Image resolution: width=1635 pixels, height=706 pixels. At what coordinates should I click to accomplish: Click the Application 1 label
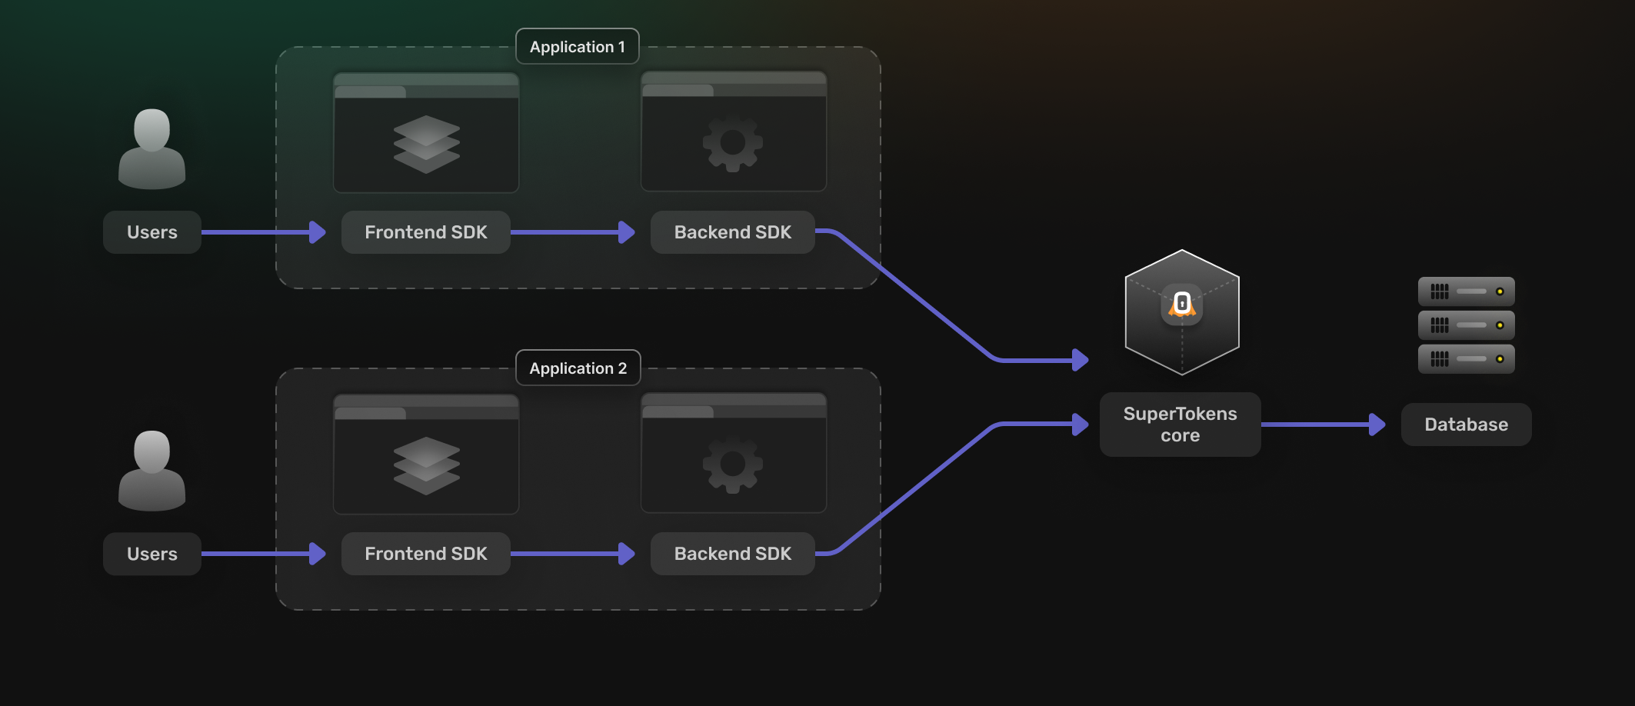click(x=577, y=47)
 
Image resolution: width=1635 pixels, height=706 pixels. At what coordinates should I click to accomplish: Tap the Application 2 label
click(x=578, y=368)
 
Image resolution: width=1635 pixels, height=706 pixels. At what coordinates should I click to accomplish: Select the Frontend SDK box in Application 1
click(x=425, y=232)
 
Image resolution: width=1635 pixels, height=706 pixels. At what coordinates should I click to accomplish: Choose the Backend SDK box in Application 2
click(x=732, y=554)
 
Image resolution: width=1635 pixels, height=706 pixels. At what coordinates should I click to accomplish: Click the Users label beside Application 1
click(x=152, y=232)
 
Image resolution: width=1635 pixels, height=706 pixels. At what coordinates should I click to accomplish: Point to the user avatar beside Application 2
click(x=152, y=471)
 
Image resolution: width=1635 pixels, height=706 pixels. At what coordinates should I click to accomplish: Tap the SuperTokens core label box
click(x=1180, y=425)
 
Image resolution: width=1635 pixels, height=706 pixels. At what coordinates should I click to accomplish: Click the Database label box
click(x=1466, y=425)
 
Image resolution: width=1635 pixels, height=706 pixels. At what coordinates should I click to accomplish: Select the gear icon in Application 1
click(x=732, y=142)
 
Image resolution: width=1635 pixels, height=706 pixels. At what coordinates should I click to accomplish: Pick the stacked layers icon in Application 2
click(x=426, y=465)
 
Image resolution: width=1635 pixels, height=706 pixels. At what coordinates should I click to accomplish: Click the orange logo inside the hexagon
click(x=1182, y=305)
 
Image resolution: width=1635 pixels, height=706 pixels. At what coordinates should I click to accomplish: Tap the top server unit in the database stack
click(x=1466, y=291)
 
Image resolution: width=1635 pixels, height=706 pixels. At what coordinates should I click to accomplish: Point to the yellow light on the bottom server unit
click(x=1499, y=359)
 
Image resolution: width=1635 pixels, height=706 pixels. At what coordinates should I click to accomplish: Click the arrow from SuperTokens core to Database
click(x=1323, y=425)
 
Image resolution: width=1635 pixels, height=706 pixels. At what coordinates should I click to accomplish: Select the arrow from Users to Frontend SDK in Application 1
click(x=261, y=232)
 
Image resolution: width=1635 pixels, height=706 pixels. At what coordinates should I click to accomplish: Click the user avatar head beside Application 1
click(x=152, y=128)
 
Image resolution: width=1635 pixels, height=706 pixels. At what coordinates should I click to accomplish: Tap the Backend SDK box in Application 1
click(x=732, y=232)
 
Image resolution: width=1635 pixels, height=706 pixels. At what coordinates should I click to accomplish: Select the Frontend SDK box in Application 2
click(x=425, y=554)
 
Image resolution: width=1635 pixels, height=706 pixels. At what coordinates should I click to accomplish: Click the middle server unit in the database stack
click(x=1466, y=325)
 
